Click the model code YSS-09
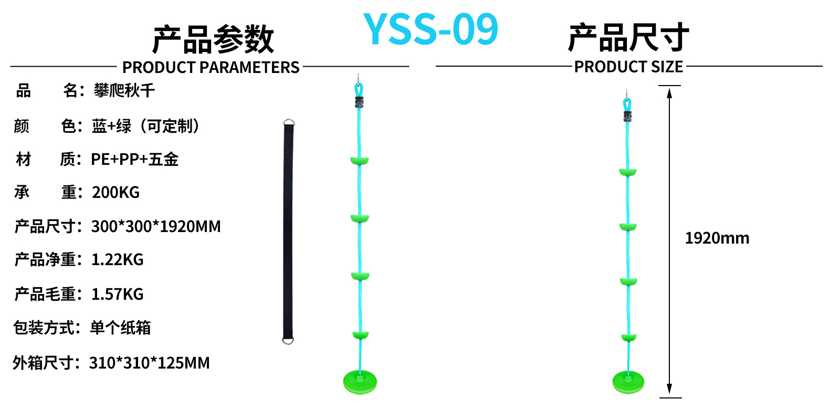pos(430,29)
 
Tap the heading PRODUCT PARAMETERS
pos(211,67)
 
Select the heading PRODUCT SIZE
pos(628,67)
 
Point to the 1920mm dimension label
pos(717,238)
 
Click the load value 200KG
pos(116,193)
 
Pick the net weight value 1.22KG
pos(118,259)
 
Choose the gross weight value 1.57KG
pos(118,294)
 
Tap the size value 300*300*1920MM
pos(156,226)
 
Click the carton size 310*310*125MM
pos(150,363)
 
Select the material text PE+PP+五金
pos(135,159)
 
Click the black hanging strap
pos(288,231)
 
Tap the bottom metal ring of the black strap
pos(288,340)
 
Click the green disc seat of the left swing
pos(360,382)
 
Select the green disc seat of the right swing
pos(628,382)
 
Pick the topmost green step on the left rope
pos(360,161)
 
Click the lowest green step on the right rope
pos(628,338)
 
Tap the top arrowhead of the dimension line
pos(669,93)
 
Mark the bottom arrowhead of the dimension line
pos(669,389)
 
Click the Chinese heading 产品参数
pos(213,39)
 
